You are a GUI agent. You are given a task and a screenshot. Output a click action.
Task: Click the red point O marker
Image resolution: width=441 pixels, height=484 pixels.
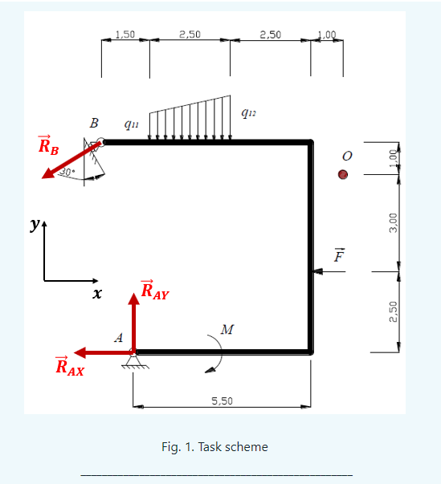343,174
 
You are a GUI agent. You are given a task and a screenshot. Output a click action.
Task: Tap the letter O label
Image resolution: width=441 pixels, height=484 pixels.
346,154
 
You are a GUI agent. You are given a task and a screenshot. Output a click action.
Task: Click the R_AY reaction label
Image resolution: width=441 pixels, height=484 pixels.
154,290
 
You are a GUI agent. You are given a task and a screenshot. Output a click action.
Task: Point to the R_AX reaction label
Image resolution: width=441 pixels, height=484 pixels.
69,367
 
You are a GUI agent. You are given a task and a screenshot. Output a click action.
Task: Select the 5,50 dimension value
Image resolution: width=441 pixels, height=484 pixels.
222,401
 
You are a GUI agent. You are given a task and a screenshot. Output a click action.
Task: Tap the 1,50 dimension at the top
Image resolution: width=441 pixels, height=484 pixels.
125,34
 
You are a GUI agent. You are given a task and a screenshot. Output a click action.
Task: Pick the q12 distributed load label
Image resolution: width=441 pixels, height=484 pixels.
248,113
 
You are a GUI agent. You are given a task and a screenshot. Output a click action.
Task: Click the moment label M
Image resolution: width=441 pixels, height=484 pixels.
227,330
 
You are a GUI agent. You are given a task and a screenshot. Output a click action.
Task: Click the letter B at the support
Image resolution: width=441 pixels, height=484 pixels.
94,124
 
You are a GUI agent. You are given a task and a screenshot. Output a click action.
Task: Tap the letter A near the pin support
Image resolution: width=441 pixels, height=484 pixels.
118,338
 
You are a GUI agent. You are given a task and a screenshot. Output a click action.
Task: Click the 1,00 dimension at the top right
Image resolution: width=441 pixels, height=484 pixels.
327,34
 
